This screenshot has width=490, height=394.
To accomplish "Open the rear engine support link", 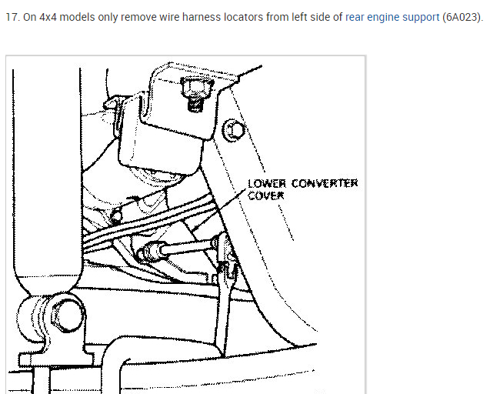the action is pyautogui.click(x=392, y=16).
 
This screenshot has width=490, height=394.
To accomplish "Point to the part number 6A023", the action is pyautogui.click(x=460, y=16).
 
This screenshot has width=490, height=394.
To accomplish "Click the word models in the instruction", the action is pyautogui.click(x=82, y=16).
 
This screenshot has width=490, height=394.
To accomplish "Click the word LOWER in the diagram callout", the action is pyautogui.click(x=265, y=184).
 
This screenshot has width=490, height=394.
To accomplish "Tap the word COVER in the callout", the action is pyautogui.click(x=265, y=195).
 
